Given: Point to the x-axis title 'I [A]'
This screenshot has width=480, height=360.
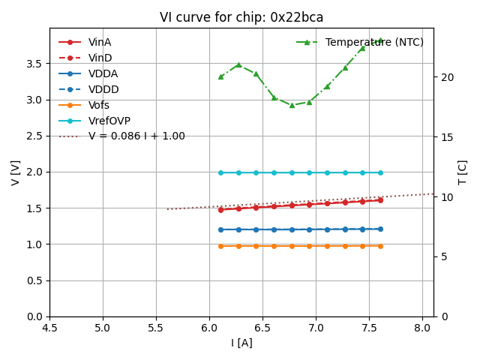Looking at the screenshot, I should (241, 343).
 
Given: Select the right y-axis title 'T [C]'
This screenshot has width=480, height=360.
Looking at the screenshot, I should (463, 172).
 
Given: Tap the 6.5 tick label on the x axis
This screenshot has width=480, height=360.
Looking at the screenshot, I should (263, 328).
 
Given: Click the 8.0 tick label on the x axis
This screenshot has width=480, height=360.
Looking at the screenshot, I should (423, 328).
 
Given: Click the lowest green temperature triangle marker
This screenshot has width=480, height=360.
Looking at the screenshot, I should (292, 105).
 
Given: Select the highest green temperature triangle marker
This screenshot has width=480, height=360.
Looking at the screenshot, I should (380, 40).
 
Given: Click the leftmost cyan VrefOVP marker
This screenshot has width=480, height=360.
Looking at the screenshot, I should (220, 172).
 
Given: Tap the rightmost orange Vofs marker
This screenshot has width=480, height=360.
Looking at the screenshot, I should (380, 246).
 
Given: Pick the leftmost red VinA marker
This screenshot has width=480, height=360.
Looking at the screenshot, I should (220, 210).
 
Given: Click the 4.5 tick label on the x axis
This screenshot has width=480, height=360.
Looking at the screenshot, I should (49, 328).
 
